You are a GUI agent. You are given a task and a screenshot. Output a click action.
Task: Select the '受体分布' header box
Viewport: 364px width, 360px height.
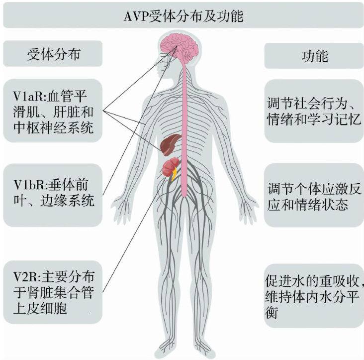tap(53, 54)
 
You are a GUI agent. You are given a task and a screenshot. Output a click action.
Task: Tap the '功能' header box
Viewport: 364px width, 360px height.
tap(314, 55)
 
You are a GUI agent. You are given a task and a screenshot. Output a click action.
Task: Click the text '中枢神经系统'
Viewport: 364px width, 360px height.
tap(53, 129)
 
